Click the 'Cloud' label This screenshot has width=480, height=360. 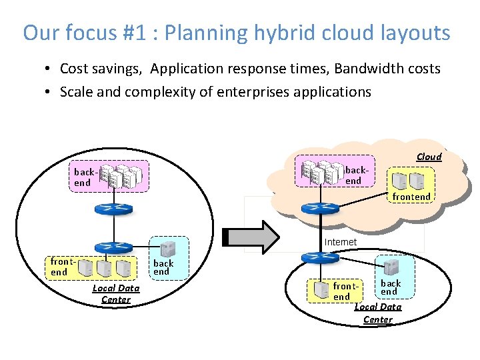pyautogui.click(x=429, y=157)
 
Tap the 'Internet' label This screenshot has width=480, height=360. pyautogui.click(x=340, y=242)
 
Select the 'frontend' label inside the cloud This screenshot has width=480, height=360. pyautogui.click(x=411, y=197)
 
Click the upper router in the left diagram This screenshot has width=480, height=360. pyautogui.click(x=114, y=208)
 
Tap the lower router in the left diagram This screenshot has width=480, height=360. pyautogui.click(x=114, y=249)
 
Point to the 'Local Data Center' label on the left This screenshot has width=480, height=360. pyautogui.click(x=116, y=294)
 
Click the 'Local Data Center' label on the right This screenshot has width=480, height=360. pyautogui.click(x=378, y=313)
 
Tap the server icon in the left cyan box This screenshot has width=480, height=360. pyautogui.click(x=163, y=249)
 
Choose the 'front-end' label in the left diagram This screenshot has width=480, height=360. pyautogui.click(x=59, y=267)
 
